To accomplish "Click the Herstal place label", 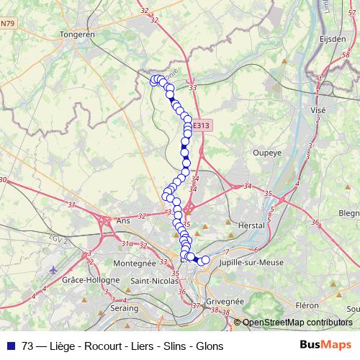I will (x=251, y=225).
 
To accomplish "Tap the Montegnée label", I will (x=135, y=264).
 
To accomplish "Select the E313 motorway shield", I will (x=202, y=125).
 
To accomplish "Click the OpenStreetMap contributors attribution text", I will (x=297, y=323).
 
